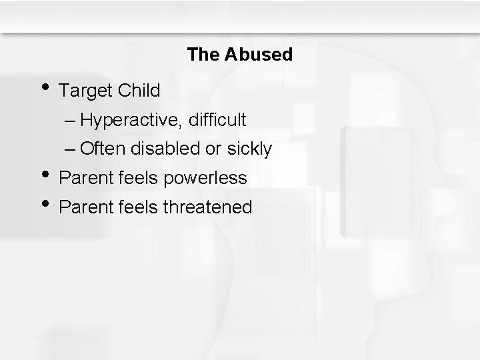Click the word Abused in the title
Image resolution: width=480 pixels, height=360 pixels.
click(259, 55)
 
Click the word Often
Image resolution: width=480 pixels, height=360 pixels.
click(101, 149)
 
